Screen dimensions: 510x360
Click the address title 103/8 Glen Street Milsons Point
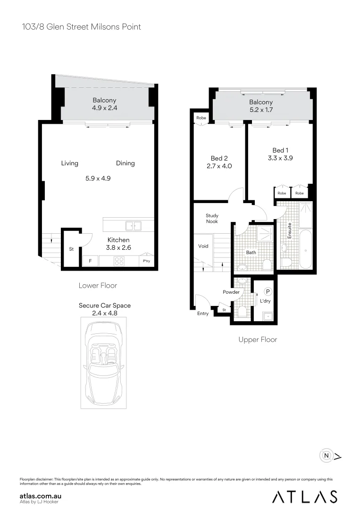(x=82, y=26)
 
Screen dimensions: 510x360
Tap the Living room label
(x=70, y=163)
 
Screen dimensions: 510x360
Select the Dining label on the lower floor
(x=126, y=163)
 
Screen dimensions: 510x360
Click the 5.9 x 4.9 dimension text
(x=98, y=178)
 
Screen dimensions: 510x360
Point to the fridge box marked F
(x=90, y=261)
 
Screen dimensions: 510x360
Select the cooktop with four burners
(x=118, y=261)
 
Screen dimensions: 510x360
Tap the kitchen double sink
(x=133, y=226)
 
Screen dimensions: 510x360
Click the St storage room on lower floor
(x=71, y=248)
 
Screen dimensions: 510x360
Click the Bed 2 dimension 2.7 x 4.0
(x=219, y=166)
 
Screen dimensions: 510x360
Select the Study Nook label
(x=212, y=218)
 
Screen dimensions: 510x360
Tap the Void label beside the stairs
(x=203, y=246)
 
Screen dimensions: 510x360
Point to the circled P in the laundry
(x=268, y=292)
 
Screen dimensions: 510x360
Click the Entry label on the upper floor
(x=203, y=313)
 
